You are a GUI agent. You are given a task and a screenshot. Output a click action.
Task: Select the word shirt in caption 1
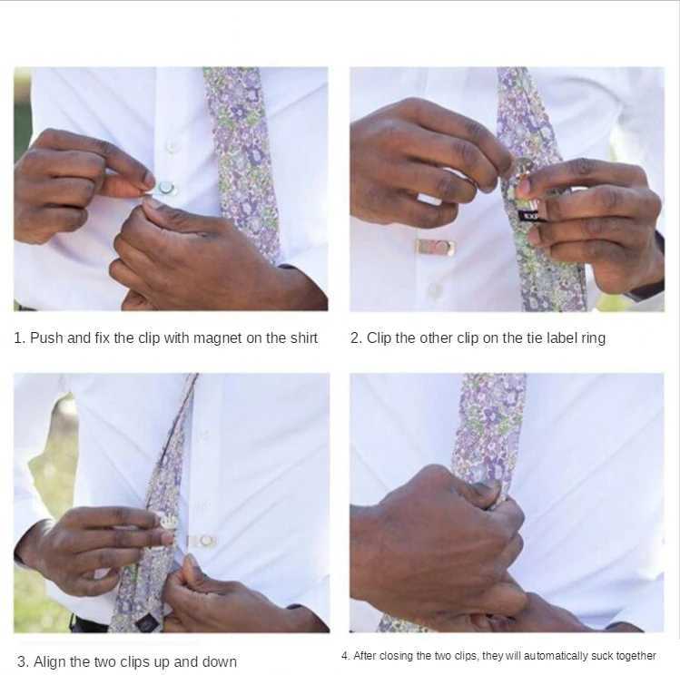point(303,337)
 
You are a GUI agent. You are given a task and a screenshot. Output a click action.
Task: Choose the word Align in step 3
point(49,662)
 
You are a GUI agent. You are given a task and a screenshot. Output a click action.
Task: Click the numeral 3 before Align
point(22,662)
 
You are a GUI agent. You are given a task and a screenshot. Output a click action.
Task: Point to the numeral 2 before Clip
point(354,337)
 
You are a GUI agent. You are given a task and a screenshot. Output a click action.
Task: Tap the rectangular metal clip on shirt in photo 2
point(436,248)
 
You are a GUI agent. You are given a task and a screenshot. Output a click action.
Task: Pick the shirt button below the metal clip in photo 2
point(434,289)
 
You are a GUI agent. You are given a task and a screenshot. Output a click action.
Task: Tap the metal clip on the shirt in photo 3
point(202,541)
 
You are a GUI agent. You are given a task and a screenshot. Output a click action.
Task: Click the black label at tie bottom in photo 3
point(144,623)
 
